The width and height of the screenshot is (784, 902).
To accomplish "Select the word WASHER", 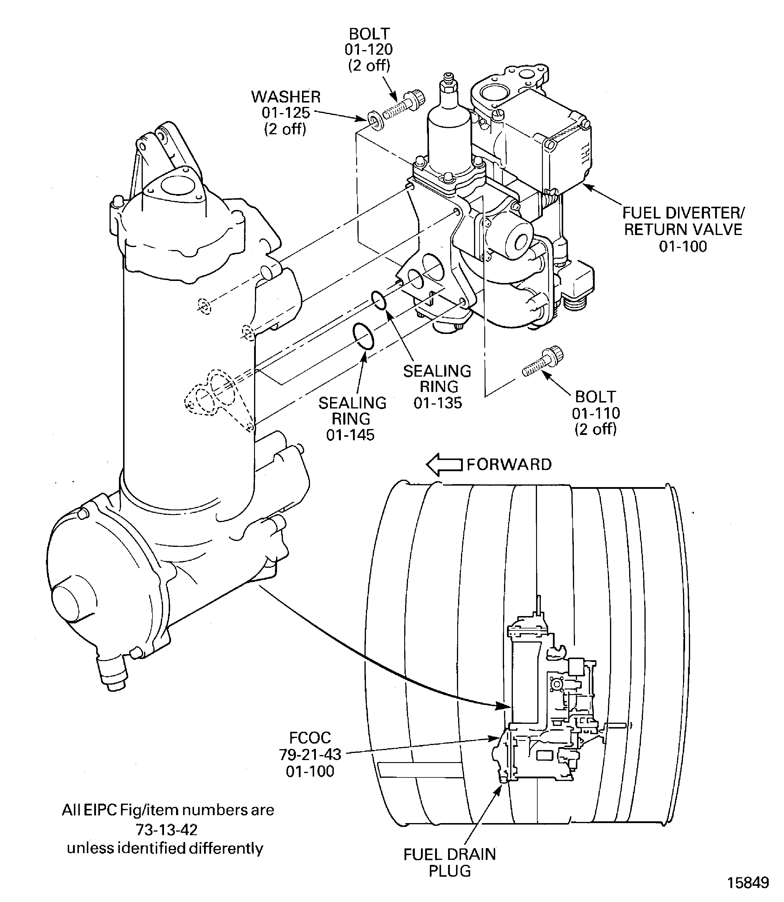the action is click(286, 97).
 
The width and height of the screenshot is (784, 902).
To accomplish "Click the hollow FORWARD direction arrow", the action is click(444, 465).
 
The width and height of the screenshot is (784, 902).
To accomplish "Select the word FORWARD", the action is click(509, 464).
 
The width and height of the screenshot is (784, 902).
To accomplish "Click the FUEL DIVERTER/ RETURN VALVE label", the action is click(683, 221).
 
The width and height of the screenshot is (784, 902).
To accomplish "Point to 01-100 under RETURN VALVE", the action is click(683, 246).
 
